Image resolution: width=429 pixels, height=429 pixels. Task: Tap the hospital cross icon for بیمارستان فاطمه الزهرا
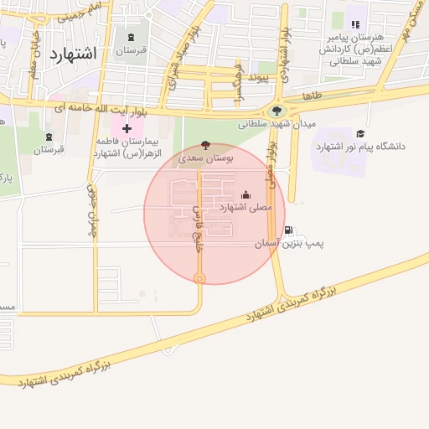click(x=127, y=128)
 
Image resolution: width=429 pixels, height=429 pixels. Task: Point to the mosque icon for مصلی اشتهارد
click(x=246, y=194)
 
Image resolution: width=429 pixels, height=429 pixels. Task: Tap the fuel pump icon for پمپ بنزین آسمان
click(x=288, y=230)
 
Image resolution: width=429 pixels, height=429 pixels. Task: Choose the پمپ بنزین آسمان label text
click(x=290, y=243)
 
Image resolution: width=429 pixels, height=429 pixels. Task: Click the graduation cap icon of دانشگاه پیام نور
click(x=360, y=133)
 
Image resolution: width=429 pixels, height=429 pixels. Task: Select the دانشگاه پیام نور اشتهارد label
click(x=360, y=147)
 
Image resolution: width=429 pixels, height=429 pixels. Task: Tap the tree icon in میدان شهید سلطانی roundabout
click(x=277, y=110)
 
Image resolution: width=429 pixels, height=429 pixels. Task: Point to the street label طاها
click(x=313, y=97)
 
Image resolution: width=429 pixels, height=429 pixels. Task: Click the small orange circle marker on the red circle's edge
click(x=199, y=278)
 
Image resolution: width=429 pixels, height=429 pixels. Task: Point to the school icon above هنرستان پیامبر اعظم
click(x=355, y=26)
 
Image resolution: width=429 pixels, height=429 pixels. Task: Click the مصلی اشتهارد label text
click(x=246, y=207)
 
